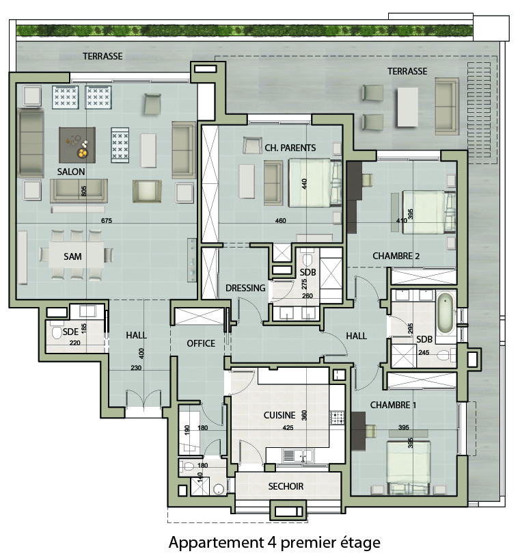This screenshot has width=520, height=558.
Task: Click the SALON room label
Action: (71, 172)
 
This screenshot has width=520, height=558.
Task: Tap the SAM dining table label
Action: (72, 256)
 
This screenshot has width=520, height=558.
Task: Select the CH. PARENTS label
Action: (290, 148)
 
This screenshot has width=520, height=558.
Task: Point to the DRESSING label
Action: (245, 288)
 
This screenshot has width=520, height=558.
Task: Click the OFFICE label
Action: (201, 343)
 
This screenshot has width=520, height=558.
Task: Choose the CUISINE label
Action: (279, 415)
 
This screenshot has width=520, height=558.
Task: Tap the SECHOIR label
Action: (286, 486)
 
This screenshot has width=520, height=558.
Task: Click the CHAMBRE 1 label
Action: (393, 405)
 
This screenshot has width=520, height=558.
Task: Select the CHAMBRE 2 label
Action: (396, 256)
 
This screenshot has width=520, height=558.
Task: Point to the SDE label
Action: (70, 332)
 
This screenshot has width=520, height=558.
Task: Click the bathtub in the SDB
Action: (446, 313)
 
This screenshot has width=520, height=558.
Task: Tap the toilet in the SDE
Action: (57, 333)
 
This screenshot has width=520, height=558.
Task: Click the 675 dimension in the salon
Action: (107, 221)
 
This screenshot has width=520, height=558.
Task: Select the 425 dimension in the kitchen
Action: (288, 428)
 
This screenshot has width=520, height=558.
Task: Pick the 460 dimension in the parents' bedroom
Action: (281, 221)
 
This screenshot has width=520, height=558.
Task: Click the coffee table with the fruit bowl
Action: (77, 145)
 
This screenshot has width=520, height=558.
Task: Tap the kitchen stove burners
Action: (337, 417)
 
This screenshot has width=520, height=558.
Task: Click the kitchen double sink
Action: (298, 455)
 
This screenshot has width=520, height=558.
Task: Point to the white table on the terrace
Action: (407, 107)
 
